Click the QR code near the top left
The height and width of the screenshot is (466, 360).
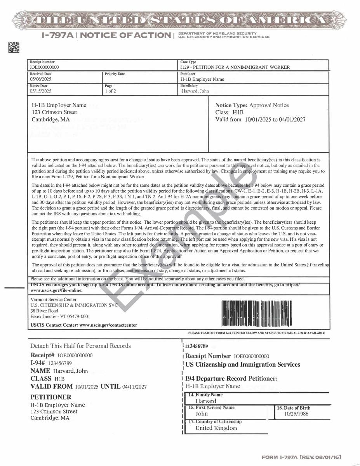point(14,47)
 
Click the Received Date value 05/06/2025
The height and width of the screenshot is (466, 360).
point(40,79)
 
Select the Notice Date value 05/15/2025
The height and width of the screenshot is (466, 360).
point(40,91)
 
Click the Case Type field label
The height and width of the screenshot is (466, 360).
point(188,62)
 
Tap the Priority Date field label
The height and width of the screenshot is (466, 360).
point(115,74)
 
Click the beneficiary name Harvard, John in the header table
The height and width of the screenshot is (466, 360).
point(195,91)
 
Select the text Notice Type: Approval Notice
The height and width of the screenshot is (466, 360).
point(252,105)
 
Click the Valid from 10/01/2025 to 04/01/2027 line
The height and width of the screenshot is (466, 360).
point(260,119)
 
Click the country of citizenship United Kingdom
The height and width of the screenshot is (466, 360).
point(216,428)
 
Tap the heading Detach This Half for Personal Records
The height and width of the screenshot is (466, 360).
point(81,346)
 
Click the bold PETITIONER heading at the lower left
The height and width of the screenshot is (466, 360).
point(51,397)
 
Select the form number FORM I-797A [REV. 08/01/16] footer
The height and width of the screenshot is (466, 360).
point(302,457)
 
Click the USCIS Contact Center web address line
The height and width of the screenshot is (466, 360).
point(83,325)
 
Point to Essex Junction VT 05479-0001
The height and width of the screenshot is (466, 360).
point(60,316)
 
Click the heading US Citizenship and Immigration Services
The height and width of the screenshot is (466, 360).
point(243,364)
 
